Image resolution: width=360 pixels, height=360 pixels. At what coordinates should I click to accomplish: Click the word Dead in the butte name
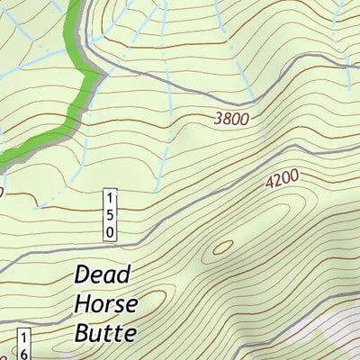[x=103, y=274]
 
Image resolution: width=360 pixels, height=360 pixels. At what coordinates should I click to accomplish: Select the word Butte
[x=105, y=333]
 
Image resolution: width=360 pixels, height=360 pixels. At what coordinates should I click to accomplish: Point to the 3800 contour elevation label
[x=231, y=117]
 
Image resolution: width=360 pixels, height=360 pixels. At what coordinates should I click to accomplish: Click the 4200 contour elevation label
[x=282, y=180]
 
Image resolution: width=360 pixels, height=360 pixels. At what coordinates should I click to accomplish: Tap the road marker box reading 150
[x=110, y=214]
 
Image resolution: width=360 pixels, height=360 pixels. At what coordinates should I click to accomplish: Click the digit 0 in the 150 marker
[x=110, y=231]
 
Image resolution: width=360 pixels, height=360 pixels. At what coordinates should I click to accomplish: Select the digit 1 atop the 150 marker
[x=110, y=198]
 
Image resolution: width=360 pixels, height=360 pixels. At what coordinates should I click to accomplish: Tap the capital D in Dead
[x=84, y=274]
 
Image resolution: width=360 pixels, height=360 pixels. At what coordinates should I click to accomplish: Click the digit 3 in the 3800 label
[x=219, y=119]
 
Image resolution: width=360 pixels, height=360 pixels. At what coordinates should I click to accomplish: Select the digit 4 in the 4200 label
[x=269, y=184]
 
